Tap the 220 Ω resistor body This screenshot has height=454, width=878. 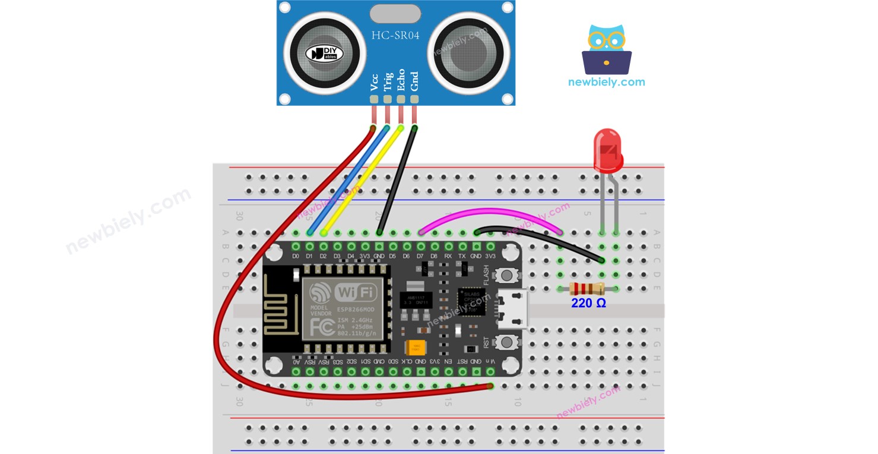[x=587, y=289]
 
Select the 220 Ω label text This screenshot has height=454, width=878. [x=588, y=303]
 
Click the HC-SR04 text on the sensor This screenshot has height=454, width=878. [x=395, y=36]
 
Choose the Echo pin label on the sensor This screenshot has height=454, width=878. [x=401, y=80]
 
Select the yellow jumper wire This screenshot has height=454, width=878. [x=362, y=178]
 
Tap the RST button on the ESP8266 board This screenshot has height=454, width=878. [x=506, y=342]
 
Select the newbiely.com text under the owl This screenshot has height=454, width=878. [x=606, y=82]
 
